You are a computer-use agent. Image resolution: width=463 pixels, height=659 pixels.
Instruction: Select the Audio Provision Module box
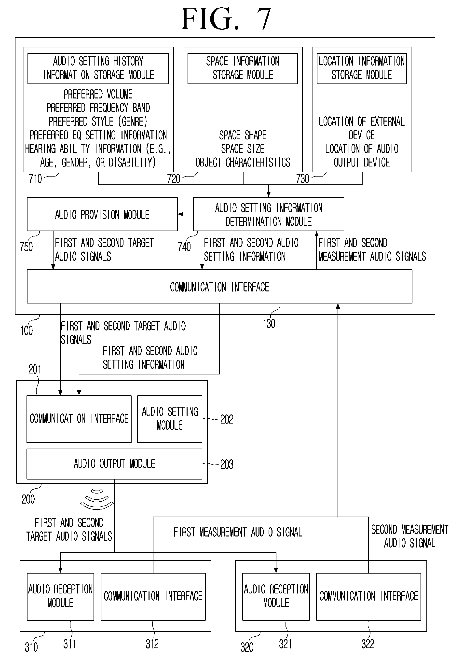click(102, 214)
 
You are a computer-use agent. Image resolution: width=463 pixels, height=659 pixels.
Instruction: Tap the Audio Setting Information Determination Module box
click(269, 214)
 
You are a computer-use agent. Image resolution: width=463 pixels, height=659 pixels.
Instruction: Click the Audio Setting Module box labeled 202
click(170, 419)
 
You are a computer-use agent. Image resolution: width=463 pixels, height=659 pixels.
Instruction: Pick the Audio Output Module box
click(114, 464)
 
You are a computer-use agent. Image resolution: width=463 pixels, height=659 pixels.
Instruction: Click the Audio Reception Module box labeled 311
click(60, 596)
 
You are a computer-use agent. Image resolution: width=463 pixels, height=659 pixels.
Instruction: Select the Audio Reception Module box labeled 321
click(276, 596)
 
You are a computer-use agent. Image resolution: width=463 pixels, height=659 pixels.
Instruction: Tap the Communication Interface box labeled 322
click(368, 596)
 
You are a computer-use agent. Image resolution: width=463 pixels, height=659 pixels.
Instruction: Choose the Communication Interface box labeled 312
click(153, 596)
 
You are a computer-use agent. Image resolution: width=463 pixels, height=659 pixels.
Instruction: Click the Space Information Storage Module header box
click(243, 68)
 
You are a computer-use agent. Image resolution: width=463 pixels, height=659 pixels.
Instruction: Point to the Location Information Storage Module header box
click(362, 68)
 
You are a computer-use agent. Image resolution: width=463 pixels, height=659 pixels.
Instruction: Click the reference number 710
click(35, 179)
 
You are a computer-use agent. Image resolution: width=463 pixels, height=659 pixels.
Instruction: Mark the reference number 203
click(227, 464)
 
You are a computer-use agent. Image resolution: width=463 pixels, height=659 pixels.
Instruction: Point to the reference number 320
click(247, 647)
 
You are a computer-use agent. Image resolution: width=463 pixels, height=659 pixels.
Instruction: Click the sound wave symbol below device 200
click(97, 499)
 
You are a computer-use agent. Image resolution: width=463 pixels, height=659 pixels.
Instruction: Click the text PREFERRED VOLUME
click(98, 94)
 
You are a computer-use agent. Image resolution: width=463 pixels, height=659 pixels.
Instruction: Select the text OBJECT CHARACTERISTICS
click(243, 163)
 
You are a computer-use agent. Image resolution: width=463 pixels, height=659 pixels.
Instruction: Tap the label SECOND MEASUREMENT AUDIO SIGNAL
click(410, 536)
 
